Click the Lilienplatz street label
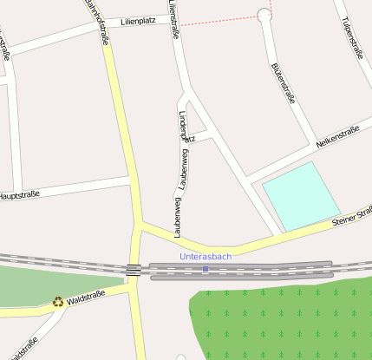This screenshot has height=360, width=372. (139, 19)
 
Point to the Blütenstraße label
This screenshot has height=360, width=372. (284, 82)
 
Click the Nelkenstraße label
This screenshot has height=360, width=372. (337, 135)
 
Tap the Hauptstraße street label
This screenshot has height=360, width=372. (19, 196)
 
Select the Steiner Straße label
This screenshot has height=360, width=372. (351, 217)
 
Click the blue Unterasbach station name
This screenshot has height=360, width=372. (206, 257)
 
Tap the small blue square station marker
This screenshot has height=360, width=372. (206, 269)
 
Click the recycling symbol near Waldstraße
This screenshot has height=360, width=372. (58, 302)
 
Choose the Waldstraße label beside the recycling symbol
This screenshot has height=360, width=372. (86, 298)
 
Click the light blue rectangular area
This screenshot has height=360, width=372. (300, 195)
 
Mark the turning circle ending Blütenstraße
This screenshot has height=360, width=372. (264, 15)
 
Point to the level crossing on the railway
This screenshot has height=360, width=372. (134, 270)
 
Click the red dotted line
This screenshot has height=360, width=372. (221, 22)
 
